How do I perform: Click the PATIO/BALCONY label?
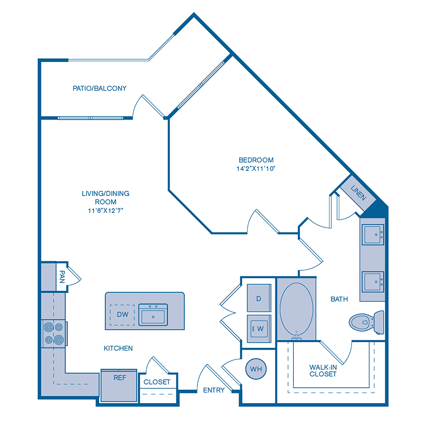pyautogui.click(x=100, y=88)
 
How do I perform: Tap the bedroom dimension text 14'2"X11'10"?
pyautogui.click(x=256, y=169)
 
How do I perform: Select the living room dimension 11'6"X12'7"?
pyautogui.click(x=105, y=211)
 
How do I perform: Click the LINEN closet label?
pyautogui.click(x=358, y=193)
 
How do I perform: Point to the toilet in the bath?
pyautogui.click(x=367, y=322)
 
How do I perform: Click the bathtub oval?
pyautogui.click(x=297, y=309)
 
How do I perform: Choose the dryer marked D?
pyautogui.click(x=259, y=298)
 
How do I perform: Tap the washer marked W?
pyautogui.click(x=259, y=329)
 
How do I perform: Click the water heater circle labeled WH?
pyautogui.click(x=256, y=369)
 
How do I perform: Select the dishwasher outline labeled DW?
pyautogui.click(x=122, y=314)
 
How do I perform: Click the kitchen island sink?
pyautogui.click(x=153, y=314)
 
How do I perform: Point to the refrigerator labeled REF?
pyautogui.click(x=119, y=385)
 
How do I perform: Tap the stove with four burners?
pyautogui.click(x=54, y=333)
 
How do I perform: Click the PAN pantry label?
pyautogui.click(x=62, y=277)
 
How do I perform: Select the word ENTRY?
pyautogui.click(x=214, y=390)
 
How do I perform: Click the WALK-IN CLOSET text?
pyautogui.click(x=323, y=371)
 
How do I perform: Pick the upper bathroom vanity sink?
pyautogui.click(x=373, y=235)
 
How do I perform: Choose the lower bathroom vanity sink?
pyautogui.click(x=373, y=282)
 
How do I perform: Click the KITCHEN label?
pyautogui.click(x=118, y=348)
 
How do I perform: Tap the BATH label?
pyautogui.click(x=339, y=299)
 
